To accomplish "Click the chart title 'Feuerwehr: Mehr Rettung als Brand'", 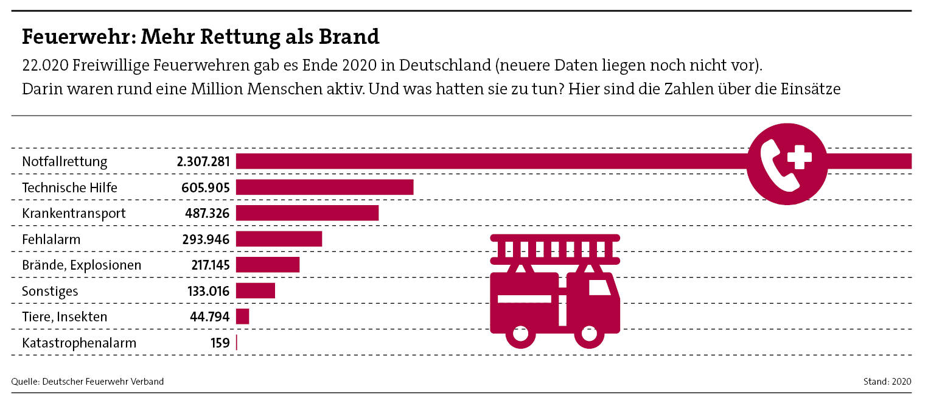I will click(x=200, y=37).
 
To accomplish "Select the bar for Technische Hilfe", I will click(x=324, y=187).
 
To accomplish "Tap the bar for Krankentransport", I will click(x=307, y=213).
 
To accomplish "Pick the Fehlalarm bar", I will click(x=279, y=239).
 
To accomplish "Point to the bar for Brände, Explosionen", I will click(x=268, y=265).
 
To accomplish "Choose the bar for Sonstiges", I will click(x=256, y=291).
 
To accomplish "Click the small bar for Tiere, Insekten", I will click(x=243, y=317).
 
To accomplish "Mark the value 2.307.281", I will click(x=203, y=162).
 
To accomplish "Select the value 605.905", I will click(x=205, y=187).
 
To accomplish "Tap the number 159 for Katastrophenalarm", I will click(x=220, y=343).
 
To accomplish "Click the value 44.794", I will click(x=209, y=317).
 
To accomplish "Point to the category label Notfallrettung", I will click(x=65, y=162).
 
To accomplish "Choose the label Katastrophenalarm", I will click(x=79, y=343).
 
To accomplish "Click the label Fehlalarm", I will click(x=51, y=239).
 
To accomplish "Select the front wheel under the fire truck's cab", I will click(x=589, y=334).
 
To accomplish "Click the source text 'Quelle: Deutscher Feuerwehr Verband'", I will click(x=88, y=382).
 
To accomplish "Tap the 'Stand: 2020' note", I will click(x=887, y=382).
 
